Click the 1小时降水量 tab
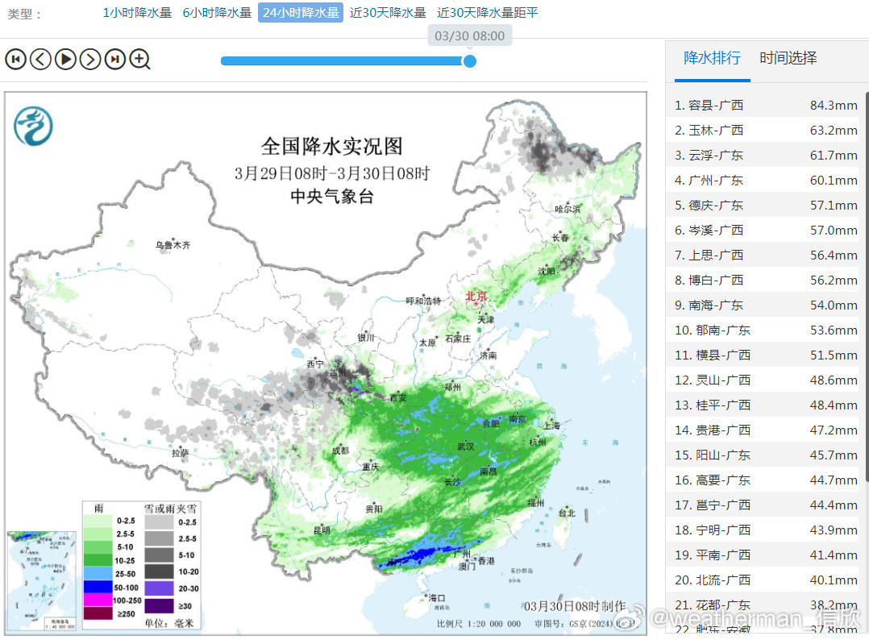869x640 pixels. click(x=137, y=13)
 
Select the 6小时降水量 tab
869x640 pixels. click(x=217, y=13)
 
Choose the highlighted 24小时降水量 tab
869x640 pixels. click(x=301, y=13)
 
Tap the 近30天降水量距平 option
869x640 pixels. click(x=487, y=13)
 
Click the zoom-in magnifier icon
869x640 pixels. click(x=140, y=59)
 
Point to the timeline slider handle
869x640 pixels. click(x=470, y=61)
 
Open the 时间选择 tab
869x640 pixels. click(x=788, y=58)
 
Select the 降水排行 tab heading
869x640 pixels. click(x=712, y=58)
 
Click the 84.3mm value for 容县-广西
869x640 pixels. click(x=834, y=106)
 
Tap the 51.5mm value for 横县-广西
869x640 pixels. click(x=834, y=355)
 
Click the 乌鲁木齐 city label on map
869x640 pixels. click(x=173, y=244)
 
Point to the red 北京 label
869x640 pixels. click(x=476, y=297)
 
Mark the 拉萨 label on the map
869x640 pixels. click(x=180, y=453)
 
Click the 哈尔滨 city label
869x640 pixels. click(x=568, y=209)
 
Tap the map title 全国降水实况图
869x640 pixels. click(x=331, y=147)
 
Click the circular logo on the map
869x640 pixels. click(x=33, y=127)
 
